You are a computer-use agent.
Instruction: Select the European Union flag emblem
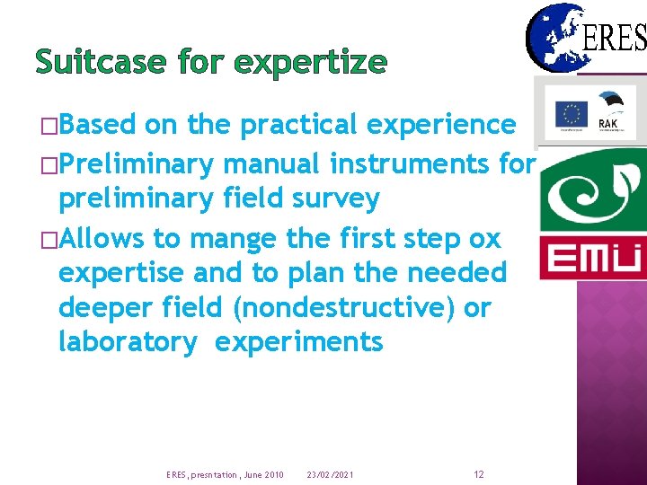pyautogui.click(x=571, y=114)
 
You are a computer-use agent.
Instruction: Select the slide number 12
pyautogui.click(x=479, y=474)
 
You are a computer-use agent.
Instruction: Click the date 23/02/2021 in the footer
pyautogui.click(x=330, y=474)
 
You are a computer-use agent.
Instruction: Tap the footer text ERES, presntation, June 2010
pyautogui.click(x=225, y=474)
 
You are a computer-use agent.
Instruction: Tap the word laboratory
pyautogui.click(x=127, y=342)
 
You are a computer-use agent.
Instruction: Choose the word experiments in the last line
pyautogui.click(x=299, y=342)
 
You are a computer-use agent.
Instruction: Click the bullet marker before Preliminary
pyautogui.click(x=49, y=165)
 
